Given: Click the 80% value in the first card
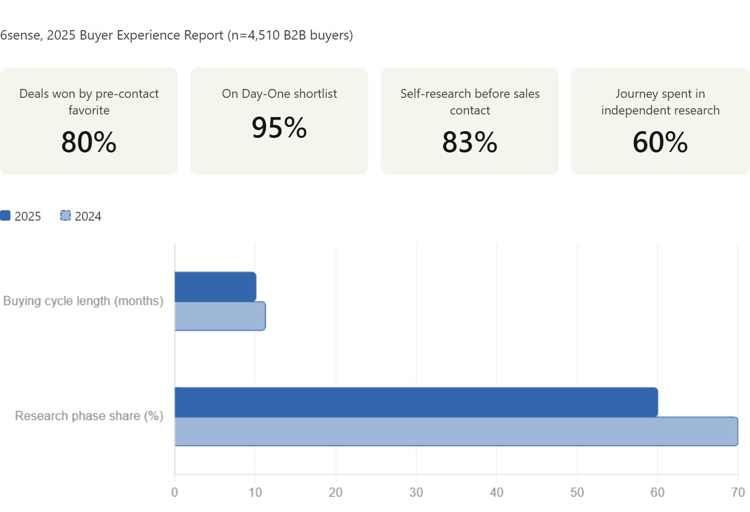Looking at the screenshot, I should (89, 142).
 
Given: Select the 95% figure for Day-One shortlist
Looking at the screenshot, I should (279, 127).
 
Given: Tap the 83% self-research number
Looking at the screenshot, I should (470, 142).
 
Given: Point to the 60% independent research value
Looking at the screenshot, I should (660, 142).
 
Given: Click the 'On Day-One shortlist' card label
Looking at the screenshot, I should (279, 94).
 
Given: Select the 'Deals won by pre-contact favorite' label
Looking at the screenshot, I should (89, 101).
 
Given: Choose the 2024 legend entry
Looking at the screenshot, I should (81, 216).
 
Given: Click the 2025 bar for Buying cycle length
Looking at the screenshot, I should (215, 287).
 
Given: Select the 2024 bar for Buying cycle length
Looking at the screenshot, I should (220, 316).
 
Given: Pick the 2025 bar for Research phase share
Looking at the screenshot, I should (416, 402).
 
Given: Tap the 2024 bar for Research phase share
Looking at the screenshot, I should (456, 431).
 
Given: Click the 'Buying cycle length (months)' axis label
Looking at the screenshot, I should (83, 301).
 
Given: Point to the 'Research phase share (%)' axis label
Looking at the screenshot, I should (89, 416).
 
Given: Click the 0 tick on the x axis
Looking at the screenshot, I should (175, 492).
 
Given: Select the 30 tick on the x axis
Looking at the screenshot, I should (416, 492).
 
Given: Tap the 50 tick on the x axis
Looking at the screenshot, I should (577, 492).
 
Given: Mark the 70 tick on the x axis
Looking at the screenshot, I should (738, 492).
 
